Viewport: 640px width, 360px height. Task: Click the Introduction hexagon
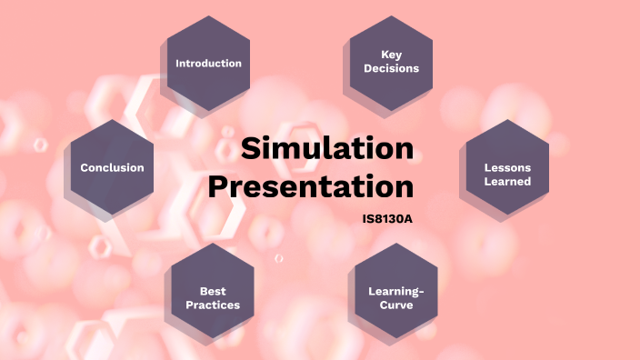208,63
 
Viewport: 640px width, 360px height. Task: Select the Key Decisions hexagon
391,63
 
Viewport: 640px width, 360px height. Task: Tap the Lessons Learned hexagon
507,168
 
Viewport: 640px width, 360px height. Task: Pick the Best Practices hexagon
213,291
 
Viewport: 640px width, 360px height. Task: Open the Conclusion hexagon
112,168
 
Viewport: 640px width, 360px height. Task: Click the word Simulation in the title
326,148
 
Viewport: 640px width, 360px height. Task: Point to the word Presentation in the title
311,186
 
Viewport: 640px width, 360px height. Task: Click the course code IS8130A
387,219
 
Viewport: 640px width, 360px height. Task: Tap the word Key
391,55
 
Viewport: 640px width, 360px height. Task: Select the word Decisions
391,69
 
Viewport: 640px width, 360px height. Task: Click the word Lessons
507,167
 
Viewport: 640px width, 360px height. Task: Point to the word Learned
507,182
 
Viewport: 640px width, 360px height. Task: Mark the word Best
213,291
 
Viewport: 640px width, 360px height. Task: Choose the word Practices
213,305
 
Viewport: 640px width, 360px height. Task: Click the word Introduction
208,64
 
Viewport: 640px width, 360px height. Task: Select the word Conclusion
112,167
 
